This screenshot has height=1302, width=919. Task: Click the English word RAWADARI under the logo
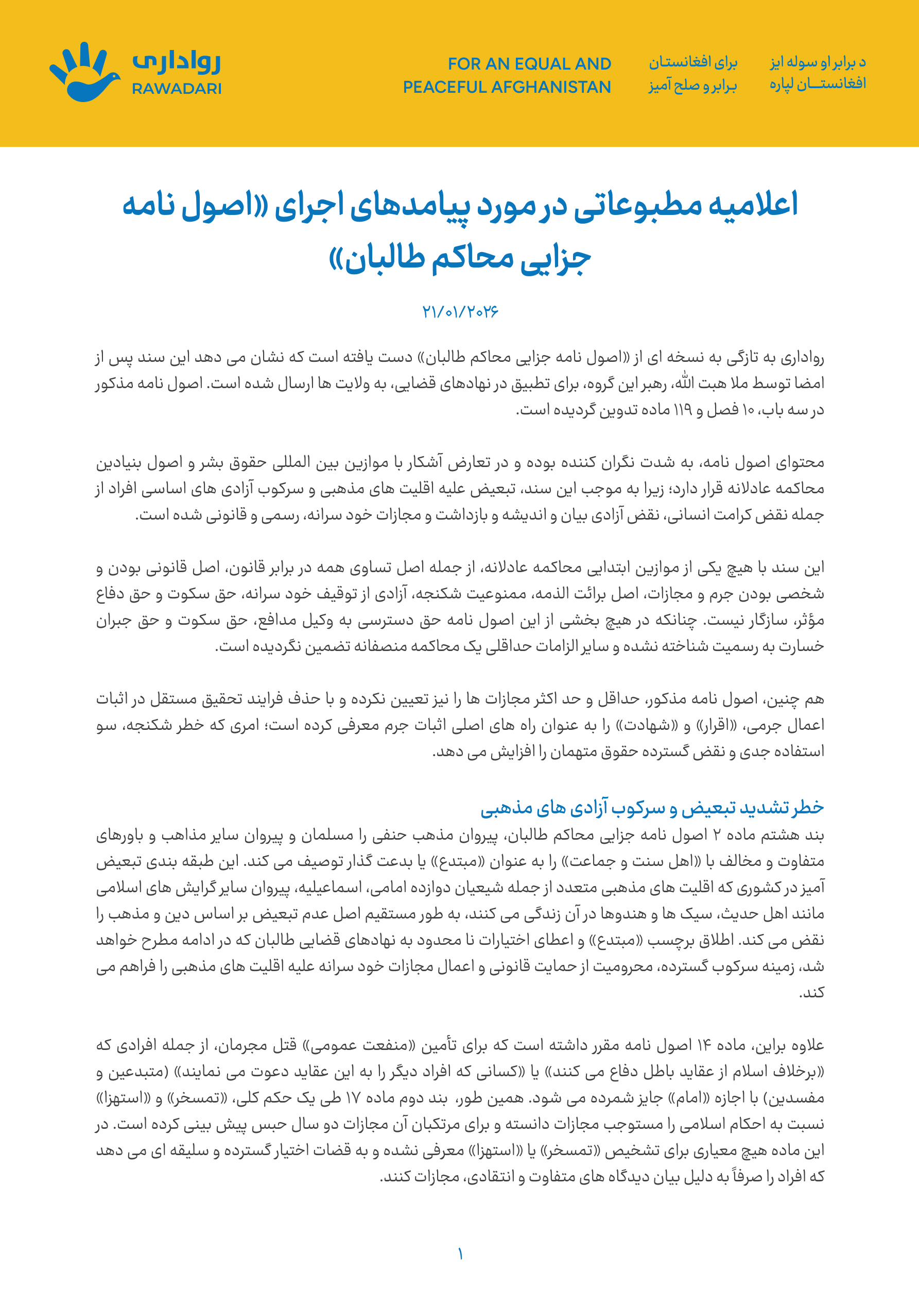176,89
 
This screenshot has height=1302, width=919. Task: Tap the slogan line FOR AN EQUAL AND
529,63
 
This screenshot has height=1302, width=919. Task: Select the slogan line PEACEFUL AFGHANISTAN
507,87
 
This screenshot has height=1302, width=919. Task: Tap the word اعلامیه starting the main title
754,205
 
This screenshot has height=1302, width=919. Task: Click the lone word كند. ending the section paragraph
811,992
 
